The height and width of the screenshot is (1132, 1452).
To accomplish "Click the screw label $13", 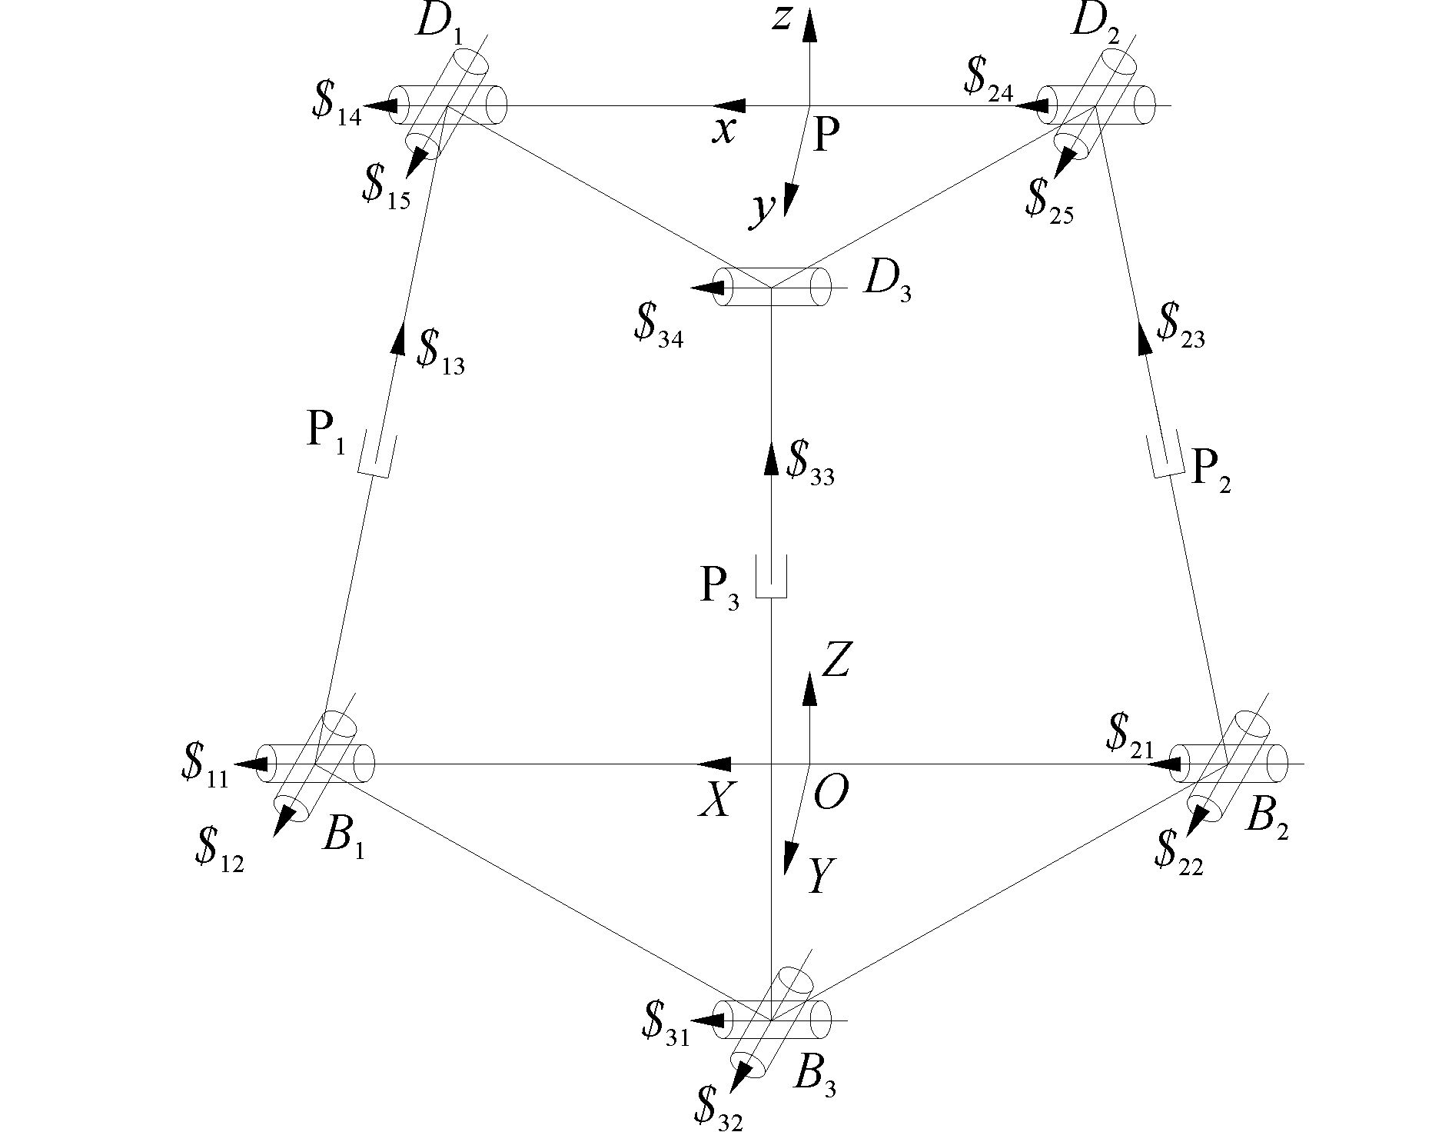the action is click(x=440, y=352).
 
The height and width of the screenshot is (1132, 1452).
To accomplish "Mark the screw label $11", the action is click(x=204, y=766).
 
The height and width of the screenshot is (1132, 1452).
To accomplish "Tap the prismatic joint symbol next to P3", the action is click(x=771, y=578).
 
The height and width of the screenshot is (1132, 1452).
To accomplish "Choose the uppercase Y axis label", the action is click(x=819, y=876).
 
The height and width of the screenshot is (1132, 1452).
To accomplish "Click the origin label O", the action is click(x=830, y=792).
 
